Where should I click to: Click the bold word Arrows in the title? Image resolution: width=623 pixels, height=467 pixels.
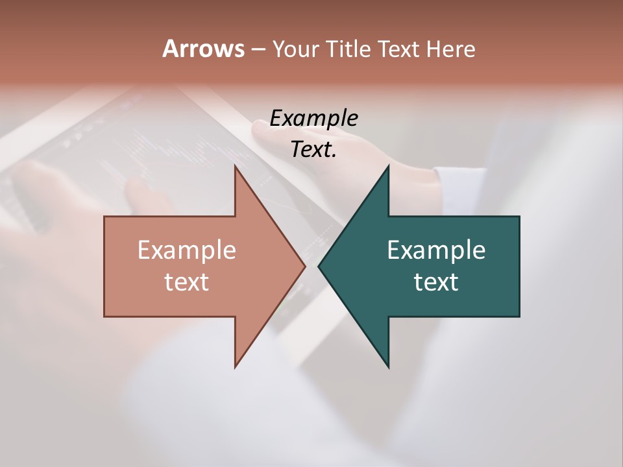(x=203, y=49)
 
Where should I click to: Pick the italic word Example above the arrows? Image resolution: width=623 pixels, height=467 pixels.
(x=314, y=119)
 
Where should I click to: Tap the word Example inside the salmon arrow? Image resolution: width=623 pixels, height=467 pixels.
(x=187, y=250)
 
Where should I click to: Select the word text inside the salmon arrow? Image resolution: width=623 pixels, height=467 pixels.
(x=187, y=282)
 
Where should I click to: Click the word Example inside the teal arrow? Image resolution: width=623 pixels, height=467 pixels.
(x=436, y=250)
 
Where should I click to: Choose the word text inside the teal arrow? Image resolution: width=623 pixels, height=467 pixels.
(x=436, y=282)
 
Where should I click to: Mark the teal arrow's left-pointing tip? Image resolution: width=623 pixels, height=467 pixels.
(x=319, y=266)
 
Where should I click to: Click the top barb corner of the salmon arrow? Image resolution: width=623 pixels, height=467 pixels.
(x=236, y=167)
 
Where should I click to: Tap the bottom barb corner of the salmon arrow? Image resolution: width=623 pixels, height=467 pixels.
(x=236, y=366)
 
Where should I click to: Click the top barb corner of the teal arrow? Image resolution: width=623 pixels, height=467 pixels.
(x=388, y=167)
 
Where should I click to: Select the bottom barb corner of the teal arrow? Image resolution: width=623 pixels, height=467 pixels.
(x=388, y=366)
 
